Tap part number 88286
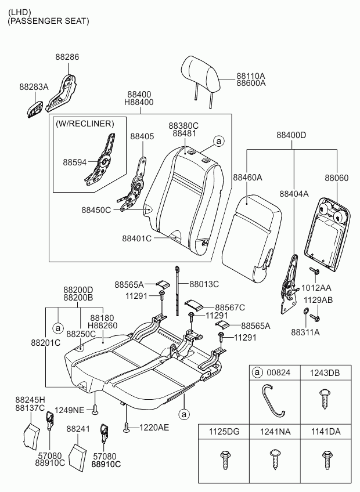67,57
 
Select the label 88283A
34,86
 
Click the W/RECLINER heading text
85,124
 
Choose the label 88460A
247,177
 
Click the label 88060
336,178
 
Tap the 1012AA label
317,288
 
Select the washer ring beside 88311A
305,317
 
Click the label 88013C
204,284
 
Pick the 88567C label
230,307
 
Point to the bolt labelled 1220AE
126,428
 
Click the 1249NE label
70,410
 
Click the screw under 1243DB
325,399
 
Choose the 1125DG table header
223,432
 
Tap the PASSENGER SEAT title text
48,21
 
